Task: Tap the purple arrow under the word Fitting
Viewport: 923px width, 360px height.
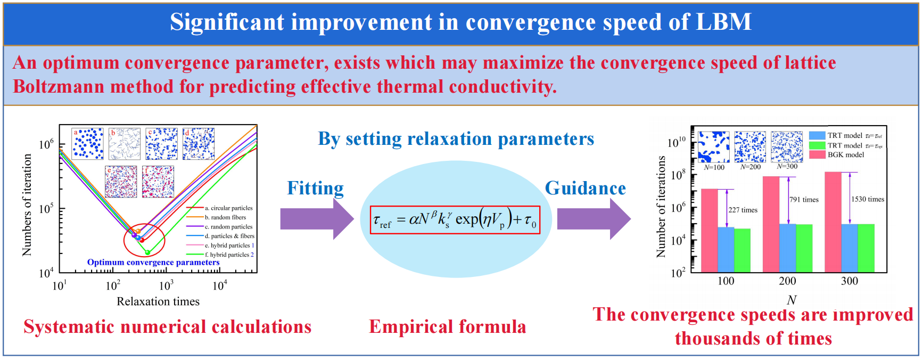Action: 316,219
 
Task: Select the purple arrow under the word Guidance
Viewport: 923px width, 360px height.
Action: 593,219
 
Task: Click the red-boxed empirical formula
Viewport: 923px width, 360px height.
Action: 455,220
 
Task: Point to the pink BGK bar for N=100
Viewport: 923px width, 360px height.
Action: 709,230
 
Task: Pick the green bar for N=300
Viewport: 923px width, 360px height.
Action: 866,248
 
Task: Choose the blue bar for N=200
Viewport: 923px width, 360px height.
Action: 788,248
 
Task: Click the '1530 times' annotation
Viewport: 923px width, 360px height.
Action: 867,199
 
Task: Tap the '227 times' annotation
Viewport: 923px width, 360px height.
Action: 743,210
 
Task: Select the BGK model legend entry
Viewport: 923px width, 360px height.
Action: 845,155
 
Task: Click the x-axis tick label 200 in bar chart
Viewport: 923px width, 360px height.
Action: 787,281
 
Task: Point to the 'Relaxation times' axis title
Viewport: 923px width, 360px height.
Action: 158,301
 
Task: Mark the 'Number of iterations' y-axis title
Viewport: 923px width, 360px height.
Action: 661,207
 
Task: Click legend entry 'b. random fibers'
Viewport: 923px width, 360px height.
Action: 225,217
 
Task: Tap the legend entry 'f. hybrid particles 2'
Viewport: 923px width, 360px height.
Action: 229,255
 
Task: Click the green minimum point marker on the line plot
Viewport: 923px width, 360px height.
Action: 148,252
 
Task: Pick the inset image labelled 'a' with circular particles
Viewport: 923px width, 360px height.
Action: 88,144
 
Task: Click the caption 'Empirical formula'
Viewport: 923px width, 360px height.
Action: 447,326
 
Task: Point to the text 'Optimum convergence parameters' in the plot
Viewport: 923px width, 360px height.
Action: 153,262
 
